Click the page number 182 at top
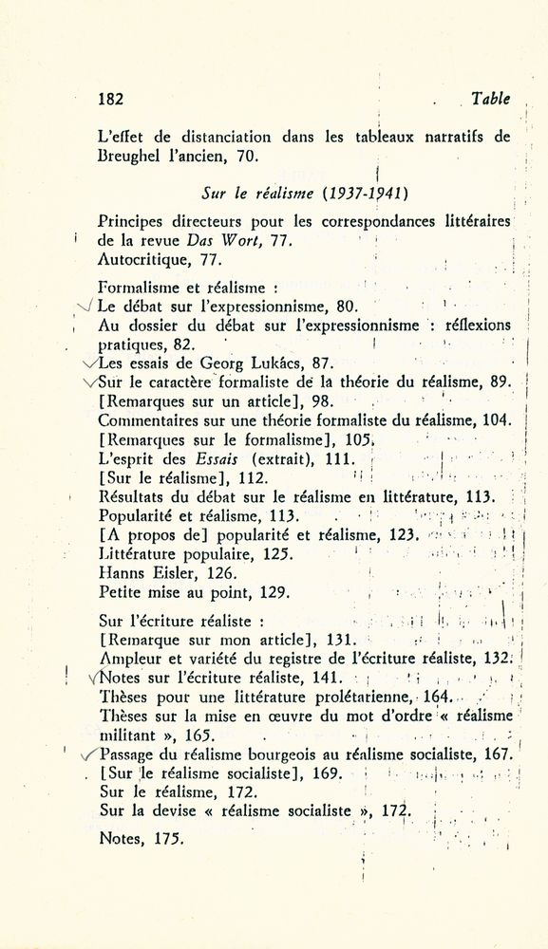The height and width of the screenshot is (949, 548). point(112,98)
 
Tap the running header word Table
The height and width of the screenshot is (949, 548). point(490,98)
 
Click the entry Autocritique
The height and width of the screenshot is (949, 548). point(141,258)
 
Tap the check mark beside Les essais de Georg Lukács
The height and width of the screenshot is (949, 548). point(89,363)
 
